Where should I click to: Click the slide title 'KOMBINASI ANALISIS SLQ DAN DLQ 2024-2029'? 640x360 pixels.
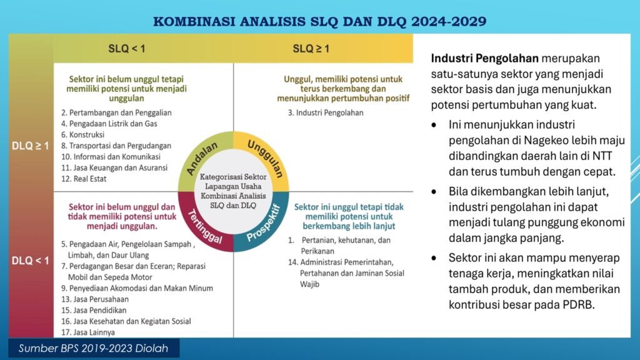click(319, 21)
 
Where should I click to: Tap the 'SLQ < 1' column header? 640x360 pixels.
click(126, 49)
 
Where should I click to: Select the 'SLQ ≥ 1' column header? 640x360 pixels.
click(311, 49)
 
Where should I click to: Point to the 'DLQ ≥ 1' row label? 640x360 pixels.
click(30, 146)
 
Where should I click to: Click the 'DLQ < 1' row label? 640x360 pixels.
click(30, 261)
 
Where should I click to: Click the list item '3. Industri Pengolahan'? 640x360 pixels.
click(325, 112)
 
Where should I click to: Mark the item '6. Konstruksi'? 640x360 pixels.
click(83, 135)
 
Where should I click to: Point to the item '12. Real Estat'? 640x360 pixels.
click(84, 179)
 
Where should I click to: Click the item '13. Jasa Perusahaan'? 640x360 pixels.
click(95, 299)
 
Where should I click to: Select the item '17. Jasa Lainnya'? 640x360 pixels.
click(87, 332)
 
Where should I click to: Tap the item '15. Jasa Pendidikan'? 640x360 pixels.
click(94, 310)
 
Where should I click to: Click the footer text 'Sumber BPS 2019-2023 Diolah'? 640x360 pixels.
click(94, 348)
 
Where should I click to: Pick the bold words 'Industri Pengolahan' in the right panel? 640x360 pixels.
click(485, 58)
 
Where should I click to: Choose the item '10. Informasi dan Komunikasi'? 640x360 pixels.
click(111, 157)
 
